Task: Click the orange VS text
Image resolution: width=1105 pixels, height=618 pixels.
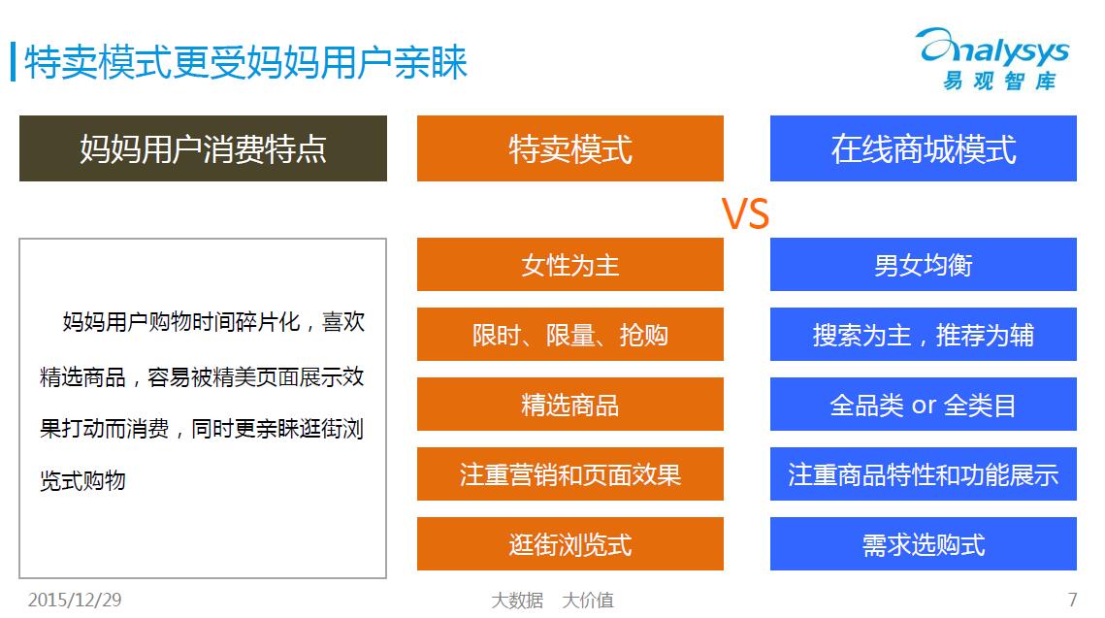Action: coord(746,213)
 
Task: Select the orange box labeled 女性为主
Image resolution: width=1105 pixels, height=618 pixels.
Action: coord(570,264)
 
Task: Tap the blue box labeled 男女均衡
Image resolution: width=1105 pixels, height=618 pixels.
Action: coord(924,264)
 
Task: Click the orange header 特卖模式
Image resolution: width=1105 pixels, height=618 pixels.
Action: coord(570,148)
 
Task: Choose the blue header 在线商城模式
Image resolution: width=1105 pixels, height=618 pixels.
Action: coord(924,148)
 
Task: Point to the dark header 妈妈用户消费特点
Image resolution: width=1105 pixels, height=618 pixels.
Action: coord(203,148)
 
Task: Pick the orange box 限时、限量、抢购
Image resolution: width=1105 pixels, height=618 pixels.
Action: coord(570,334)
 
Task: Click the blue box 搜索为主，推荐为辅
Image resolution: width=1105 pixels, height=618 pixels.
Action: coord(924,334)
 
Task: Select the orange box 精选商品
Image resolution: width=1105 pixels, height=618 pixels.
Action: coord(570,404)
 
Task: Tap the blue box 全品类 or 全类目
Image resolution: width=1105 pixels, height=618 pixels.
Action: coord(924,404)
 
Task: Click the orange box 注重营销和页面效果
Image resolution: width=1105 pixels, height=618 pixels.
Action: coord(570,473)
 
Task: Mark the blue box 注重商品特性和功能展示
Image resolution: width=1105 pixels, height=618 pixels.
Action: coord(924,473)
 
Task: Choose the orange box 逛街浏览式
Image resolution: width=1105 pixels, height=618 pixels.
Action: coord(570,543)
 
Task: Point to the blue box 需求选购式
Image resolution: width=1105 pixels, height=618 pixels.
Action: coord(924,543)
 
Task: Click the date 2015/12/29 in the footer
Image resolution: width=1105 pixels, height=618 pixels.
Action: coord(75,600)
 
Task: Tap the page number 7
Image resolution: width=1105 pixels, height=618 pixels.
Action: coord(1072,600)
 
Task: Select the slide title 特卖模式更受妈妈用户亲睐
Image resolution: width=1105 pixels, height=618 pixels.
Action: coord(246,62)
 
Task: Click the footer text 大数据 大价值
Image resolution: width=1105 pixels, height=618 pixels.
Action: coord(553,601)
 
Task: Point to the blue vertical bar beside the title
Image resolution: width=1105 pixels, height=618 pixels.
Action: coord(14,62)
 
